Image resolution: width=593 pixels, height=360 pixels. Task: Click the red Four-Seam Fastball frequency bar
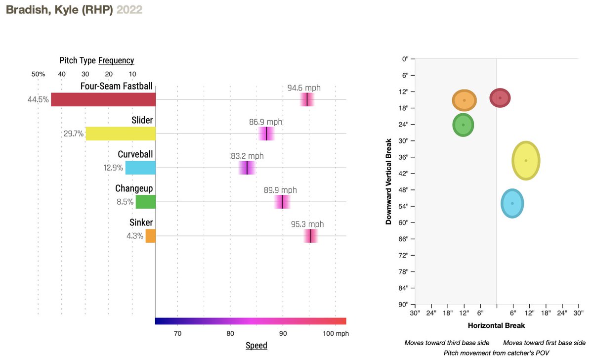(x=103, y=99)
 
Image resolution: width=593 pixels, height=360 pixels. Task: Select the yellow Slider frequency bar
(x=121, y=134)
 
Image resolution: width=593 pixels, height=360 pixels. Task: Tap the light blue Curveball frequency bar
(x=140, y=168)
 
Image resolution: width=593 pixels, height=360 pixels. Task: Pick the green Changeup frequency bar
(x=146, y=202)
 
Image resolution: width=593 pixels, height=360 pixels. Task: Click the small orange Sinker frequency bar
(x=150, y=236)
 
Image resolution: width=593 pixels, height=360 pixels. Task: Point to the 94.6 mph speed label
(x=304, y=88)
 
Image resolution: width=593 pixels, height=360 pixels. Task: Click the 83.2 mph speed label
(x=247, y=156)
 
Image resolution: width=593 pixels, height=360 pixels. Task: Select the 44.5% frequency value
(x=38, y=99)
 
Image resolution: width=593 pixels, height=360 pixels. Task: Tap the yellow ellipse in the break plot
(x=526, y=160)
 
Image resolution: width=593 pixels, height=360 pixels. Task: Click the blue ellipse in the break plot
(x=512, y=203)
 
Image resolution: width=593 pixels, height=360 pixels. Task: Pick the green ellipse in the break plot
(x=463, y=125)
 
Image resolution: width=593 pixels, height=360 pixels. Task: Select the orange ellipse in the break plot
(x=464, y=100)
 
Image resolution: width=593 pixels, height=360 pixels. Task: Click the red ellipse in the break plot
(x=500, y=98)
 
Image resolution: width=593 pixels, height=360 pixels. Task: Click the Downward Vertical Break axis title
(x=389, y=181)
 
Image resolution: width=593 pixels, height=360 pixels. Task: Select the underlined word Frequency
(x=116, y=60)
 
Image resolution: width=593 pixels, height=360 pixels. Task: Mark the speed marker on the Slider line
(x=266, y=134)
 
